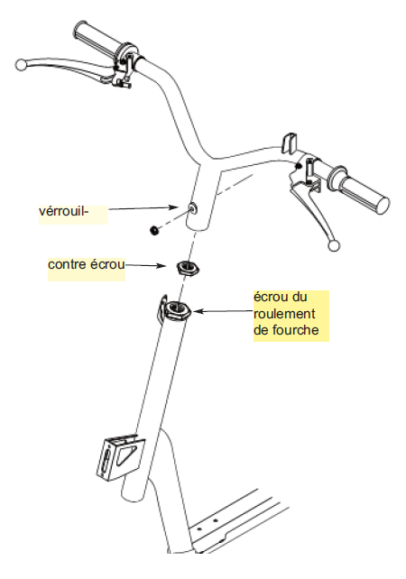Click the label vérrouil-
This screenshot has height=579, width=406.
coord(63,211)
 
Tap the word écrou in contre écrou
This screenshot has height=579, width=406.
coord(108,264)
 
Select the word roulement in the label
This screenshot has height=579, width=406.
coord(284,314)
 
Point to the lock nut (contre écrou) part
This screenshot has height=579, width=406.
coord(188,268)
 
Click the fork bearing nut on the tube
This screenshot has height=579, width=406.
coord(177,310)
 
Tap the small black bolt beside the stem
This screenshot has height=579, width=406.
coord(153,230)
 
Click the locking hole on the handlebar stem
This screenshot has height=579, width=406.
coord(193,209)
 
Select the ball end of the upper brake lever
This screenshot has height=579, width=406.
coord(21,65)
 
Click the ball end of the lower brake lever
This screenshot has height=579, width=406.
coord(334,245)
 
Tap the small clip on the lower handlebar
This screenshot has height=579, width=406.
coord(290,142)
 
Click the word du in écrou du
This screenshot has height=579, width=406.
coord(300,298)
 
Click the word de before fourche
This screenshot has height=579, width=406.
coord(261,330)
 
